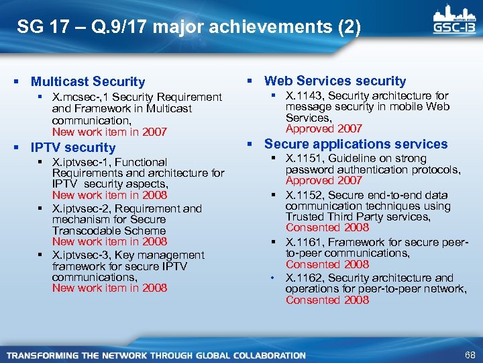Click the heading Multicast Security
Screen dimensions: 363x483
88,81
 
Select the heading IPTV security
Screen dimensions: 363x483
73,147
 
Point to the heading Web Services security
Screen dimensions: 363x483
335,81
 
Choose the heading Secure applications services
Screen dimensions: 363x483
356,144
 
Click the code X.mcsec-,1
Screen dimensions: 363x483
78,97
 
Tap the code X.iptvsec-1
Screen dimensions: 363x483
80,162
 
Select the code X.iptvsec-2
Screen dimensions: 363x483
81,208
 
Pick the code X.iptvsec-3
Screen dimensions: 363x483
81,255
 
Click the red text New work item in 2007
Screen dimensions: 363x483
109,132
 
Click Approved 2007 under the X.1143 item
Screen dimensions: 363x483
323,128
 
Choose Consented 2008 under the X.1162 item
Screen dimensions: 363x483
327,300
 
